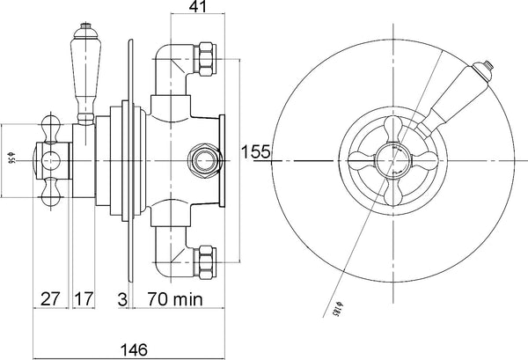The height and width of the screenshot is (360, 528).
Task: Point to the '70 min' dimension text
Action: pyautogui.click(x=173, y=298)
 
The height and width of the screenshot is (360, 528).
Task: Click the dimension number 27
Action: pyautogui.click(x=49, y=298)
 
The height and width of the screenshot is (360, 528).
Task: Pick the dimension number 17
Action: pyautogui.click(x=83, y=298)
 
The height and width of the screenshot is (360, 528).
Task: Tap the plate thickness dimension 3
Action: pyautogui.click(x=121, y=298)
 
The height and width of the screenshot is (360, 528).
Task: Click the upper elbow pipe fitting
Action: pyautogui.click(x=172, y=66)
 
